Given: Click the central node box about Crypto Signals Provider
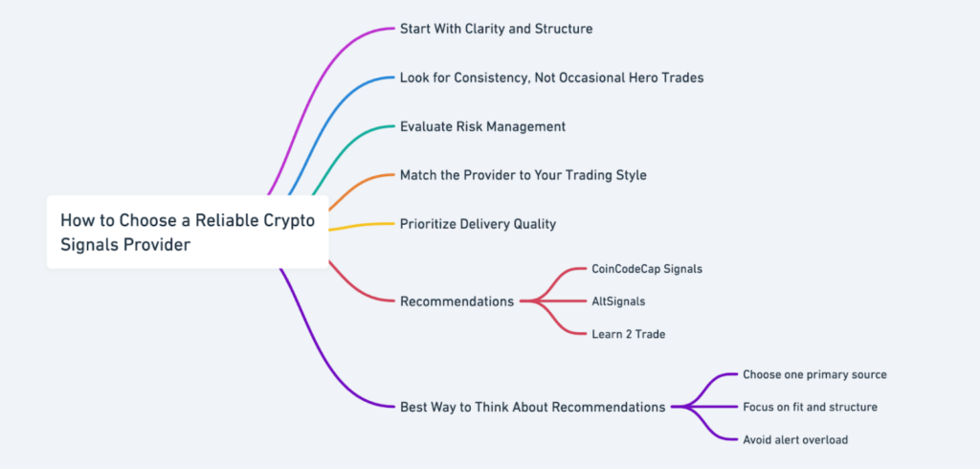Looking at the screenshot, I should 188,233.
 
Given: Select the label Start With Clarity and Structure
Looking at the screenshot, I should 496,29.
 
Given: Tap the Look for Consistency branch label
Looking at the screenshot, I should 551,78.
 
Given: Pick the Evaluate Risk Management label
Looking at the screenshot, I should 482,126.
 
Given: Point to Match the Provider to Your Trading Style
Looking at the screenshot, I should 523,175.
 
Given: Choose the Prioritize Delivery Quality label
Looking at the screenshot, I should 478,224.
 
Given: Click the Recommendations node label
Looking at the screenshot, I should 457,301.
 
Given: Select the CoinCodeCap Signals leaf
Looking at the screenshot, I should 646,269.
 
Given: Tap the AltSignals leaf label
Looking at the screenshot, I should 617,301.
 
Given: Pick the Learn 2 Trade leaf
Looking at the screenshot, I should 628,334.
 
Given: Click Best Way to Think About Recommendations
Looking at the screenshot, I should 532,407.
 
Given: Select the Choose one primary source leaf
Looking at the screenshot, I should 814,374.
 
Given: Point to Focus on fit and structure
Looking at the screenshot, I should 810,407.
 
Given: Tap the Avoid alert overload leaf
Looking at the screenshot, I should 794,439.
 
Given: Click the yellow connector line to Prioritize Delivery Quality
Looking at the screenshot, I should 364,225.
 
